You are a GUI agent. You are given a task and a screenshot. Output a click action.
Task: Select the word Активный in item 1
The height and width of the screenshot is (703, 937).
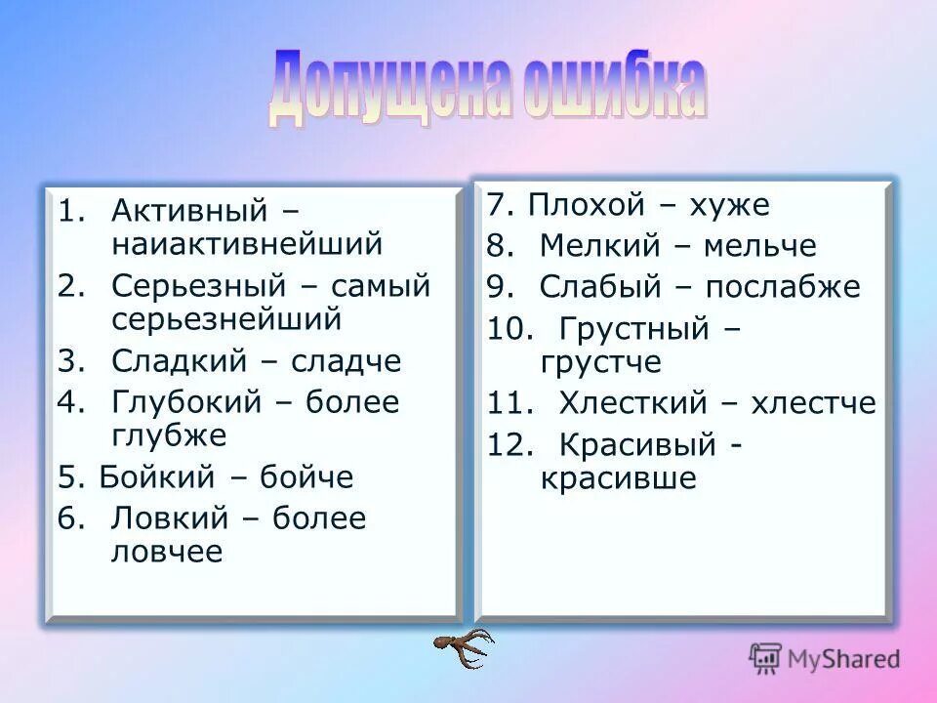189,209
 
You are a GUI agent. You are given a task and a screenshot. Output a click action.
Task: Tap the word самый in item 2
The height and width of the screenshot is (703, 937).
381,285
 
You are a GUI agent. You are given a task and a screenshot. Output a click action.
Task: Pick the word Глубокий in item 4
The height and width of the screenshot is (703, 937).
187,402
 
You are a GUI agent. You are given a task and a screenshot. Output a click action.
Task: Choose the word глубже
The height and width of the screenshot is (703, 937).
169,434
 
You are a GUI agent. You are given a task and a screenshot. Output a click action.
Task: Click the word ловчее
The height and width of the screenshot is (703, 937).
167,552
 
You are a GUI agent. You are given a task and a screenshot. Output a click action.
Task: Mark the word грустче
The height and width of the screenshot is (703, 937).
600,362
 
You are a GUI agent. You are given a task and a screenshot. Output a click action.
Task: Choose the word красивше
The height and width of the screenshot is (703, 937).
619,478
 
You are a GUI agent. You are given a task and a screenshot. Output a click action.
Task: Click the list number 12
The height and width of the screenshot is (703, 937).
509,445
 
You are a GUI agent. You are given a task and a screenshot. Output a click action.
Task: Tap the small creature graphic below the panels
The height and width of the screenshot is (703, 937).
464,645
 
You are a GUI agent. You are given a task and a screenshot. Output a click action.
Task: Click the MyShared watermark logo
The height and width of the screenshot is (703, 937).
825,658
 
